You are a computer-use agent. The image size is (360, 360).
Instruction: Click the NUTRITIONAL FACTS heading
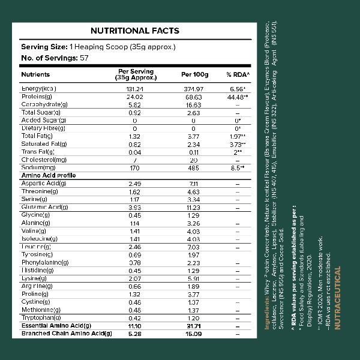point(134,31)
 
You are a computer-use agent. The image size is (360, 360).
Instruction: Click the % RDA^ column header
point(238,74)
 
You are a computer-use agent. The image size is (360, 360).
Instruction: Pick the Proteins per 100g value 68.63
point(194,97)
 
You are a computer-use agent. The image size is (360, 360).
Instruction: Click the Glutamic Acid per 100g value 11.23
point(194,207)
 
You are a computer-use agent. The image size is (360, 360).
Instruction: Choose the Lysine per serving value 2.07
point(135,278)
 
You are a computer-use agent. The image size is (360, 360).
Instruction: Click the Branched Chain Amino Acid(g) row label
point(67,333)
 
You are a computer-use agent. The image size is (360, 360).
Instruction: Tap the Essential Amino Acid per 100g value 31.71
point(194,325)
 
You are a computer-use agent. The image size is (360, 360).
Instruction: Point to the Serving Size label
point(44,47)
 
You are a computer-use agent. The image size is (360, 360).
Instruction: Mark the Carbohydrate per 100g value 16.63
point(194,104)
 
